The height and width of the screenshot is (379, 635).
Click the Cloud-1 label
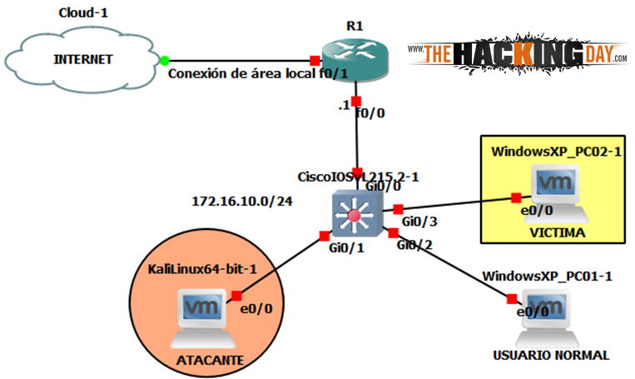point(82,12)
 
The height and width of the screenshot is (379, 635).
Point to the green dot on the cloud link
point(165,60)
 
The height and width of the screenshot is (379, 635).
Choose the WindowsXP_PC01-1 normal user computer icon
point(547,318)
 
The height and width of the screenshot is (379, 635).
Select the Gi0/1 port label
point(345,248)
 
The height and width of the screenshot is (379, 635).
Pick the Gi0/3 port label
point(419,222)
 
